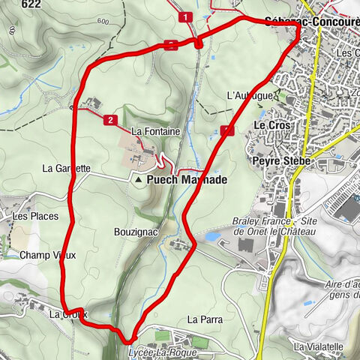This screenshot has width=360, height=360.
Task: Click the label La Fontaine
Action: click(155, 130)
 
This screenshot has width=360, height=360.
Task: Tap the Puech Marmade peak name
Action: click(187, 180)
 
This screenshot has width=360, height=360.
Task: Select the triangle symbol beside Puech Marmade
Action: click(139, 180)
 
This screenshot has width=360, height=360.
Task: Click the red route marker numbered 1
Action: click(184, 16)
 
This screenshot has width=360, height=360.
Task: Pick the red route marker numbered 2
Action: click(110, 119)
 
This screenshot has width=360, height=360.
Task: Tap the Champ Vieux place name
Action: click(48, 255)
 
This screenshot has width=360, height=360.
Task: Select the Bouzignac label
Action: click(136, 232)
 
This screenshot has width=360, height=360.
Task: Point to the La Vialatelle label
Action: click(319, 346)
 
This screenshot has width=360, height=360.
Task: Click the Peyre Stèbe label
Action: click(277, 160)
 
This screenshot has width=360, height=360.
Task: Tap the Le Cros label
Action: click(271, 124)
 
